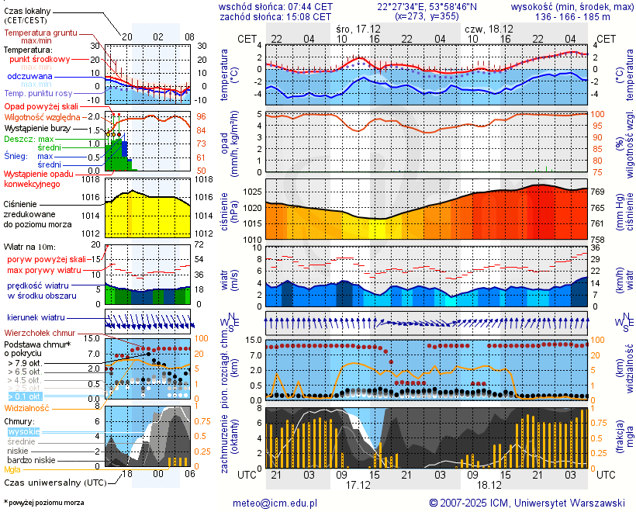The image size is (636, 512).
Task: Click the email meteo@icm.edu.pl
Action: [275, 503]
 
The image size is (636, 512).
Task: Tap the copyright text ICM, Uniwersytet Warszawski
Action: [527, 503]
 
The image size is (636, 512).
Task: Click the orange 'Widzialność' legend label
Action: [27, 407]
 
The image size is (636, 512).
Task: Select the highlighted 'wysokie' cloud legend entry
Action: [23, 431]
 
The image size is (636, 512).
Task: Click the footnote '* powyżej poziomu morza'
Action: [43, 503]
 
